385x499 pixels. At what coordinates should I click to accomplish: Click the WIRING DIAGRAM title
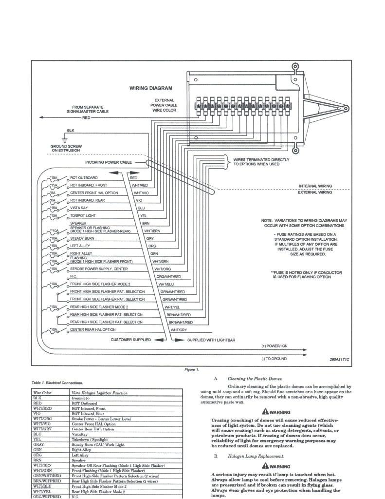tap(150, 88)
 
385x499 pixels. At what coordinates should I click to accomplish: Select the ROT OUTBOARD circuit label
tap(85, 178)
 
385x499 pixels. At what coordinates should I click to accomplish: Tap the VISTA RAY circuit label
tap(81, 208)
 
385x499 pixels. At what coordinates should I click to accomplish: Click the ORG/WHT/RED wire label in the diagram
tap(169, 276)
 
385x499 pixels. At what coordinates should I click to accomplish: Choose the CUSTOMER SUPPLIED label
tap(131, 340)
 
